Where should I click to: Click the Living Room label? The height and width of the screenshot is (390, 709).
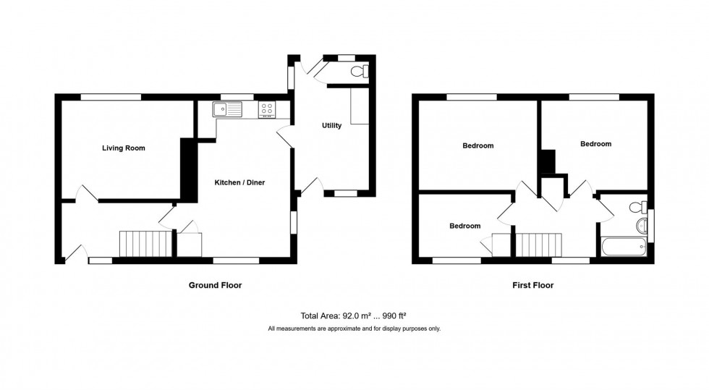[x=123, y=148]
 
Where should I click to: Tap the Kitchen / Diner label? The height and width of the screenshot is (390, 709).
[x=239, y=183]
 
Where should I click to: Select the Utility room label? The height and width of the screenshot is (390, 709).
[x=331, y=126]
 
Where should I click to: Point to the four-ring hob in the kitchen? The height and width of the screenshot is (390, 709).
[x=266, y=109]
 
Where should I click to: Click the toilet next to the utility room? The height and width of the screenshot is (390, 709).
[x=359, y=71]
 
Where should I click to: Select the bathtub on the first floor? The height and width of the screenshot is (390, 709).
[x=624, y=248]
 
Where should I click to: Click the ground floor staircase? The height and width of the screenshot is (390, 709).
[x=147, y=244]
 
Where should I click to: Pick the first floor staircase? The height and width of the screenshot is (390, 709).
[x=539, y=244]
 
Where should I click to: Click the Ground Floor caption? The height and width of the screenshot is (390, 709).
[x=215, y=286]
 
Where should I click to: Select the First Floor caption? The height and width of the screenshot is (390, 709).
[x=532, y=286]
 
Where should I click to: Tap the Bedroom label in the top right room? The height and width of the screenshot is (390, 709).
[x=595, y=144]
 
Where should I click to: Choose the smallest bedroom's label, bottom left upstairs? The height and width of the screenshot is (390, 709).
[x=464, y=226]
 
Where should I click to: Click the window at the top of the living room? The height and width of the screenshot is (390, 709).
[x=110, y=96]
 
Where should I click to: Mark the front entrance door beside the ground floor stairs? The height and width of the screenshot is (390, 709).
[x=76, y=252]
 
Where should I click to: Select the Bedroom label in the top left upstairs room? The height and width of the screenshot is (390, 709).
[x=477, y=145]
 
